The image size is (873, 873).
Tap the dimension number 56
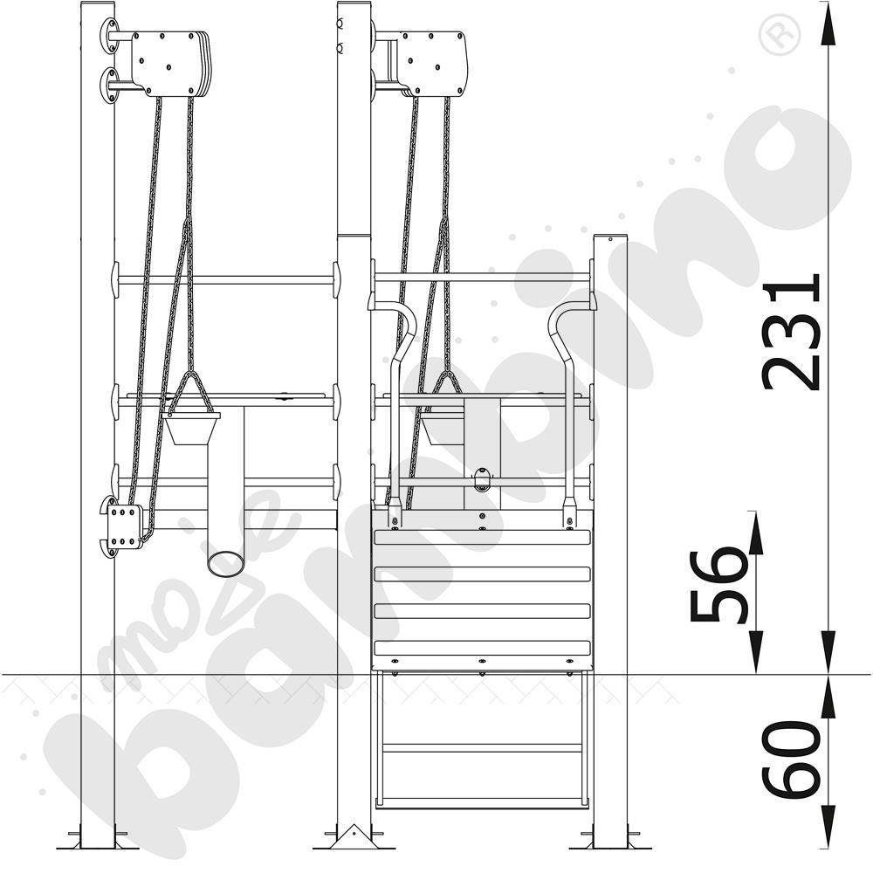pyautogui.click(x=718, y=586)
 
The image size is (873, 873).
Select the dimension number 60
pyautogui.click(x=791, y=759)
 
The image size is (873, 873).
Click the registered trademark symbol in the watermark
pyautogui.click(x=779, y=35)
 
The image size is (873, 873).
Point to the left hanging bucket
pyautogui.click(x=192, y=428)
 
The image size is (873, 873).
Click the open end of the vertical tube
pyautogui.click(x=225, y=563)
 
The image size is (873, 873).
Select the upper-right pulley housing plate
pyautogui.click(x=433, y=64)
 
